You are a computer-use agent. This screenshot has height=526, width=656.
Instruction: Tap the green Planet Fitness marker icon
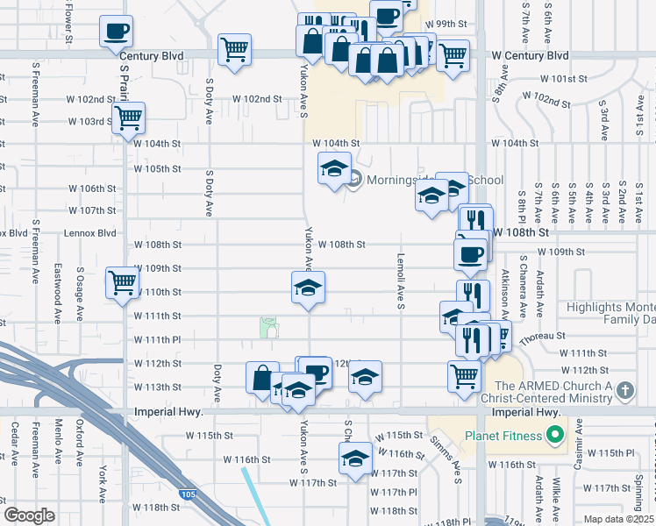click(x=554, y=435)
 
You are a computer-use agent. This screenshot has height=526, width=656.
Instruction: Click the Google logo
click(x=29, y=515)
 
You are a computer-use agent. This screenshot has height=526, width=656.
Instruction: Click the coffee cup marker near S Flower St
click(x=117, y=32)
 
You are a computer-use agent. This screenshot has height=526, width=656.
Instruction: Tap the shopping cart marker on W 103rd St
click(x=129, y=117)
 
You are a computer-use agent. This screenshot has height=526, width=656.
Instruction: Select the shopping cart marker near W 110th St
click(x=122, y=282)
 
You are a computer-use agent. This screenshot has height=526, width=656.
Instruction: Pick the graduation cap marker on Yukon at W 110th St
click(x=308, y=287)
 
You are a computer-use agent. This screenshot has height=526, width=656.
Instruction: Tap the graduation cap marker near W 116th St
click(x=355, y=458)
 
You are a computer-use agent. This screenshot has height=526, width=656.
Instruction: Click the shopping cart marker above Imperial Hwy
click(x=464, y=376)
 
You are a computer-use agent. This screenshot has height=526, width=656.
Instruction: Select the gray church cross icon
click(x=624, y=388)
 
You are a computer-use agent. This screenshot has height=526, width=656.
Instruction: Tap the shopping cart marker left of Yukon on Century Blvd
click(x=234, y=50)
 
